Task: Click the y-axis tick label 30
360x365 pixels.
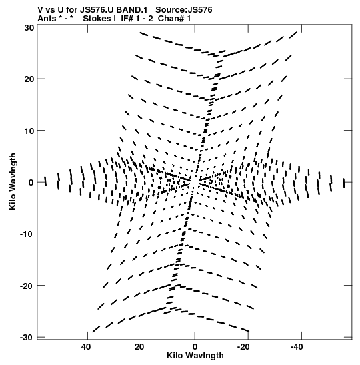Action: pos(29,28)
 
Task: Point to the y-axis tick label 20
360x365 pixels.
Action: pos(29,79)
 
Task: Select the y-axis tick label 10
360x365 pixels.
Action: pos(29,131)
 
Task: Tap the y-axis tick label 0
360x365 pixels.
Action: pos(31,183)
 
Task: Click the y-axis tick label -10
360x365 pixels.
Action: pos(27,234)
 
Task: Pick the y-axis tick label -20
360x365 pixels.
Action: pos(27,286)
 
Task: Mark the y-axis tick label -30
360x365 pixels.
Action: pos(27,337)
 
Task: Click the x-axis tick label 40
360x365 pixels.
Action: pos(85,347)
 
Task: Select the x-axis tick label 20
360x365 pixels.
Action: pos(139,347)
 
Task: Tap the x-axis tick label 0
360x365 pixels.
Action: pos(195,347)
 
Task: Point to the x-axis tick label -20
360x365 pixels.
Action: pos(243,347)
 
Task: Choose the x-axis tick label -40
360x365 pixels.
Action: pos(297,347)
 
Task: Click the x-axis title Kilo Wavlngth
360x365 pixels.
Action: pos(195,356)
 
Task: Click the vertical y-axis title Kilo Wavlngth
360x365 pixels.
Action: pos(13,181)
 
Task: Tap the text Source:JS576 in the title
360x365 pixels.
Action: pos(184,10)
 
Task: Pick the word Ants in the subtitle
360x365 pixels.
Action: pos(47,19)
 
